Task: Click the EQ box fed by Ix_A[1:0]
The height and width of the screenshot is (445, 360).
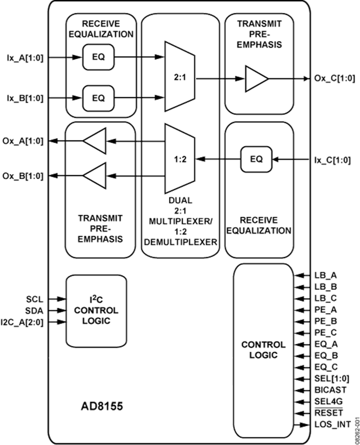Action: [98, 57]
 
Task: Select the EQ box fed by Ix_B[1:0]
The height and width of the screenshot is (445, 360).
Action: [98, 97]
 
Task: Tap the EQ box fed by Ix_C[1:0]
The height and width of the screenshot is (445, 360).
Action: [256, 159]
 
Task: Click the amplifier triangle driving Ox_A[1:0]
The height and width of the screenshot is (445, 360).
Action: [95, 141]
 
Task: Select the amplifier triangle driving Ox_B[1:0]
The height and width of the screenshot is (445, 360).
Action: [95, 175]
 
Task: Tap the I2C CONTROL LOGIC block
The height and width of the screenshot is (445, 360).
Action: [96, 310]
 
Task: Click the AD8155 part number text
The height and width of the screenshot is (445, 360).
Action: [102, 407]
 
